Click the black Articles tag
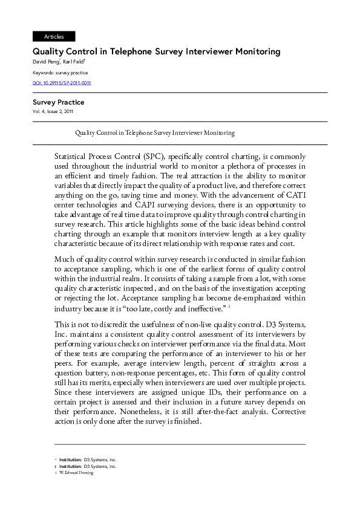54,37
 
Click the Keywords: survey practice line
60,73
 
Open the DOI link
62,83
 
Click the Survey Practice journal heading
58,102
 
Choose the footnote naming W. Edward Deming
76,473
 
